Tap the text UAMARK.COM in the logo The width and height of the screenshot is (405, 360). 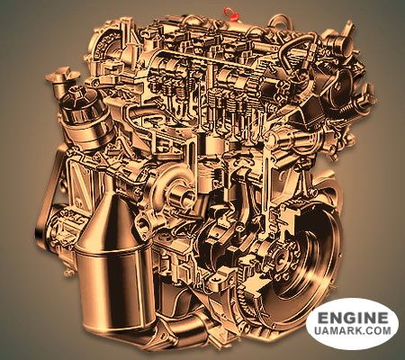(x=353, y=330)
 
